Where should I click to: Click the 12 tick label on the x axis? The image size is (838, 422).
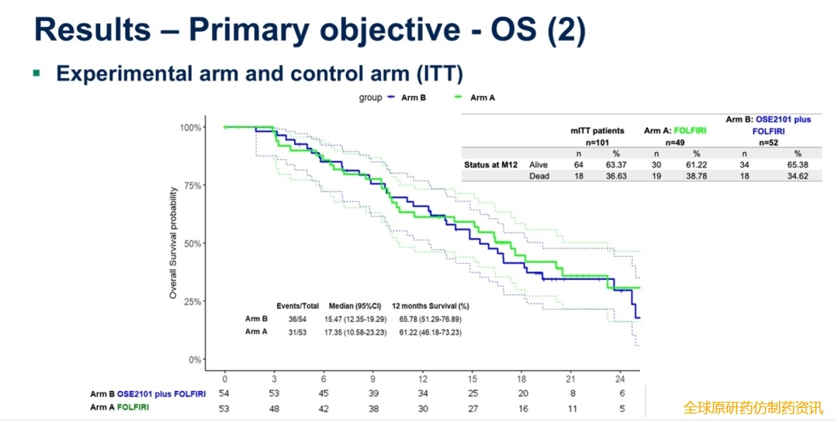(421, 379)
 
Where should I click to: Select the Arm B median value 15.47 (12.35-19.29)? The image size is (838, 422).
(355, 319)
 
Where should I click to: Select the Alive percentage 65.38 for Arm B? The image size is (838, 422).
(797, 164)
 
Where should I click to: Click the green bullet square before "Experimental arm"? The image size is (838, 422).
(36, 74)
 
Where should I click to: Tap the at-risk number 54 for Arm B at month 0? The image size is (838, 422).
(225, 394)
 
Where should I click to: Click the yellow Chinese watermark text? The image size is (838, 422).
(753, 407)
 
